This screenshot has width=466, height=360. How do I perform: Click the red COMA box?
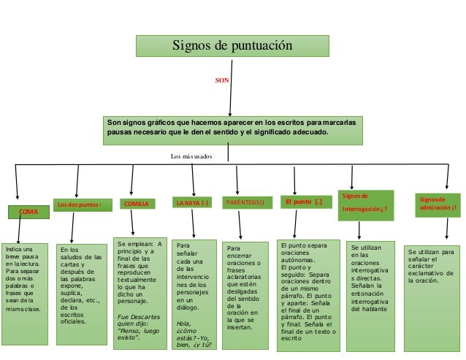click(x=28, y=211)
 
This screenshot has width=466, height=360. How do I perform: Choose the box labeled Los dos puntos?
click(x=80, y=204)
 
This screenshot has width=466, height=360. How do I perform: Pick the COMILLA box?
click(x=137, y=204)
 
